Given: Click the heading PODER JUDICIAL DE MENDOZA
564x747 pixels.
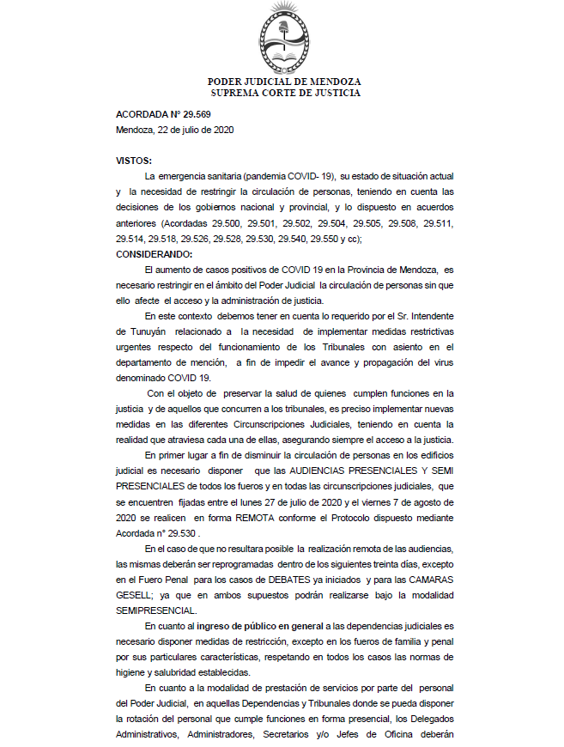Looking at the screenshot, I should click(285, 82).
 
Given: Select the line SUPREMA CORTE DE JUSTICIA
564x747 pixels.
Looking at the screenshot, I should click(285, 93).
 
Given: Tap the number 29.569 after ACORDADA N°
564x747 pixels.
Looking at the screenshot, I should click(195, 115).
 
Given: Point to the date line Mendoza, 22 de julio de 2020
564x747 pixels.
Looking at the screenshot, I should click(175, 130).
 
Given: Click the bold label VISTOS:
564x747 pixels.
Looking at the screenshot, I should click(135, 161).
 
